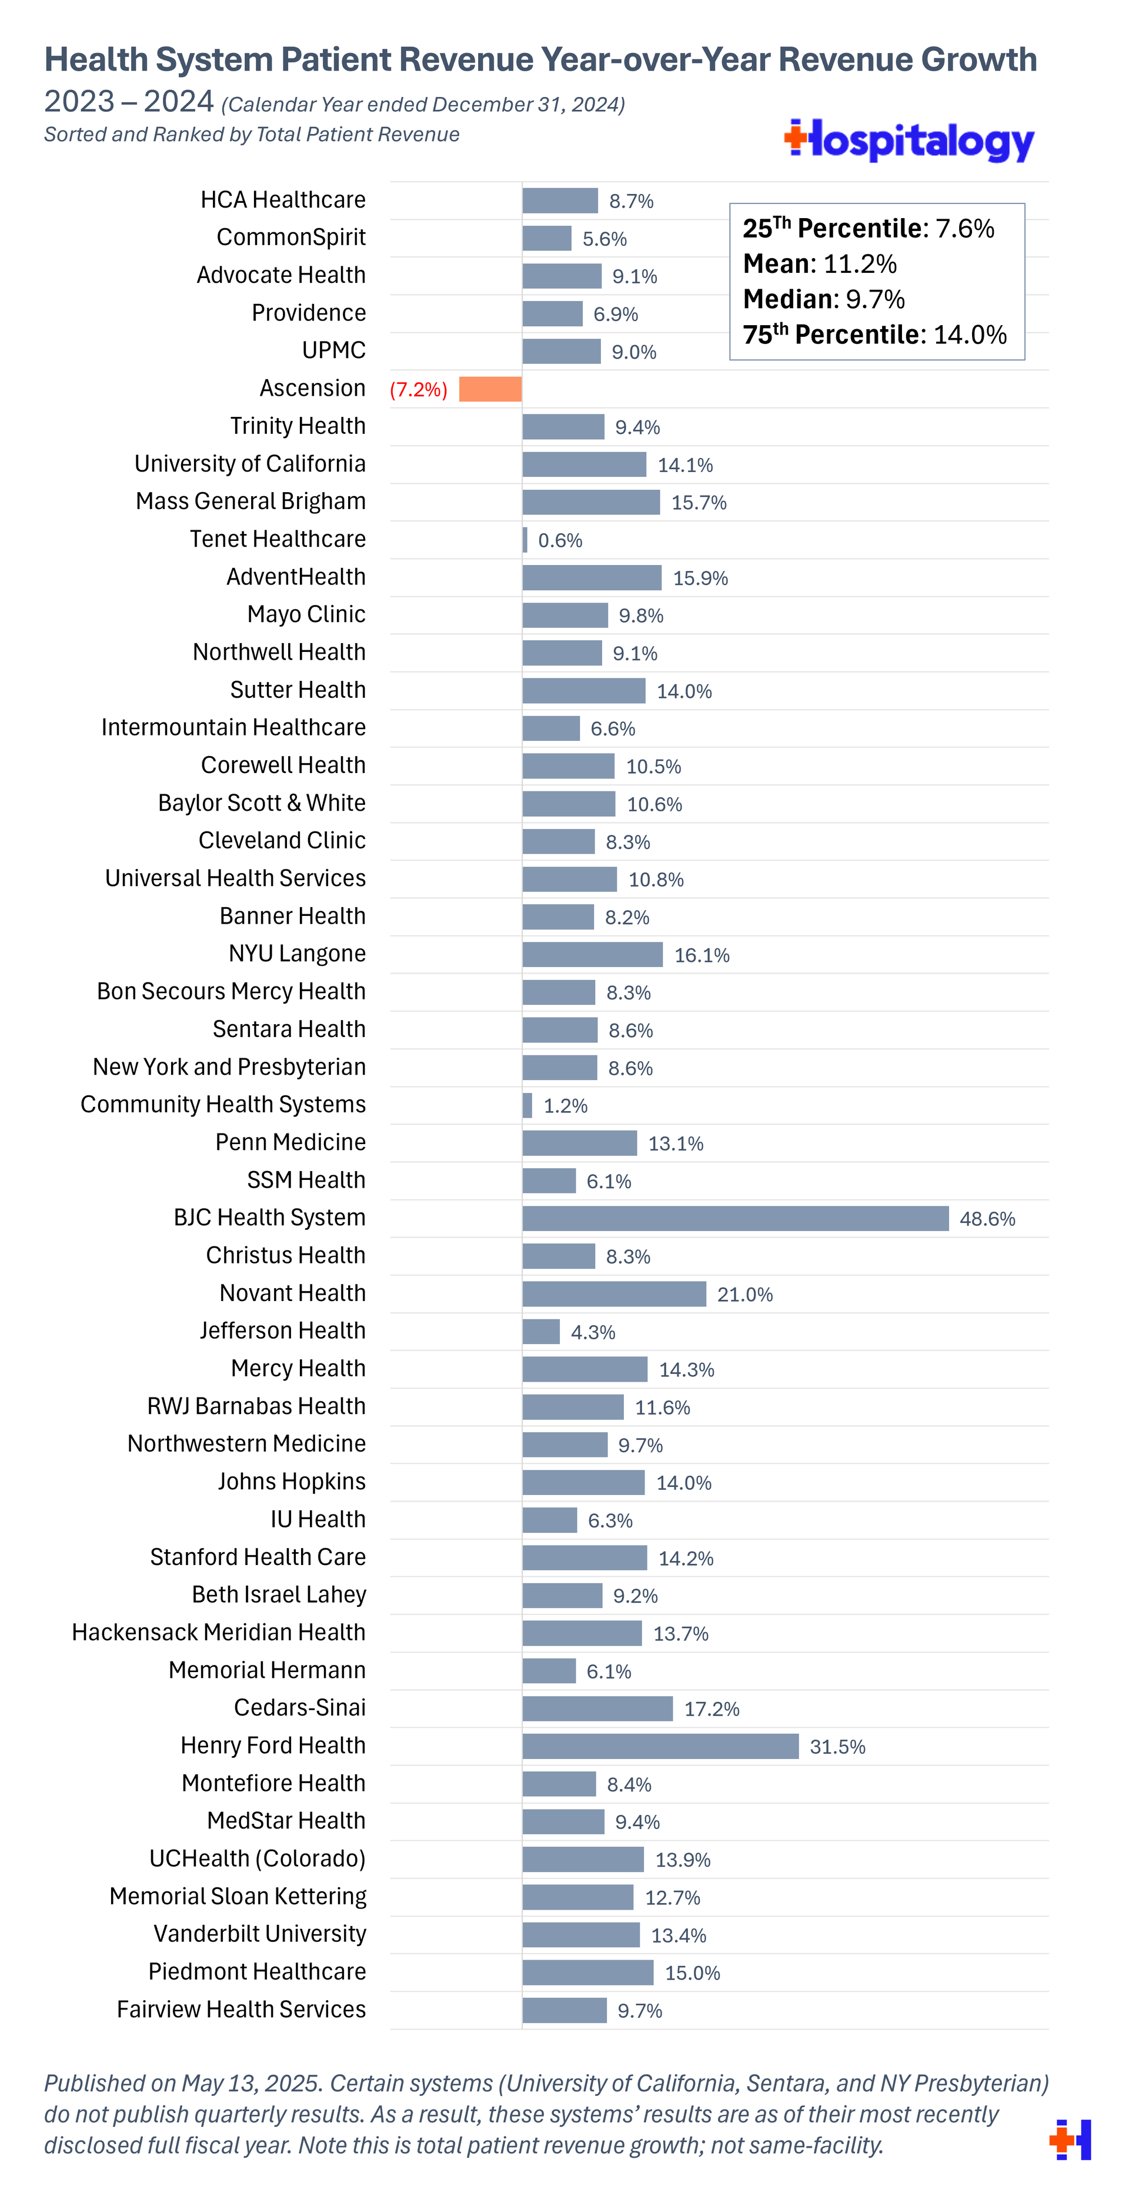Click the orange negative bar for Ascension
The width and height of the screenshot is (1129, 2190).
(490, 389)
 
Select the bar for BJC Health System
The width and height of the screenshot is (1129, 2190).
(736, 1218)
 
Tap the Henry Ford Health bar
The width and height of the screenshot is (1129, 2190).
(660, 1746)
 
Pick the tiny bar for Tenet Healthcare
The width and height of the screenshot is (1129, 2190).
(525, 540)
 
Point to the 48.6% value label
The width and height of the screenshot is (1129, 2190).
(987, 1219)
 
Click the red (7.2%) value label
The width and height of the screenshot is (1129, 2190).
(418, 389)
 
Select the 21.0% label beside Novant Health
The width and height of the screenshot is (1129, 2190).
(745, 1295)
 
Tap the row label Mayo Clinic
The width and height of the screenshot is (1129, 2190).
(306, 614)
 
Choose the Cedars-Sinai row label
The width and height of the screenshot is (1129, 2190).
(299, 1708)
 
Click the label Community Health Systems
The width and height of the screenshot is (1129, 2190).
(223, 1104)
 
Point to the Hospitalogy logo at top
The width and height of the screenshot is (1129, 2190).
(909, 141)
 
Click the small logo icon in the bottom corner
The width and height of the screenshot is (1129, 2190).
(1070, 2139)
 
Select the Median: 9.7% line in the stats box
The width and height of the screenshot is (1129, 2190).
(823, 299)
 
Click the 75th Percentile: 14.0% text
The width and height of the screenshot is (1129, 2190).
(874, 335)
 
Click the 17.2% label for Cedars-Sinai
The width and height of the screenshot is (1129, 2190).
(712, 1710)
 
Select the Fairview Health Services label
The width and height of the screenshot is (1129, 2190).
(242, 2010)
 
